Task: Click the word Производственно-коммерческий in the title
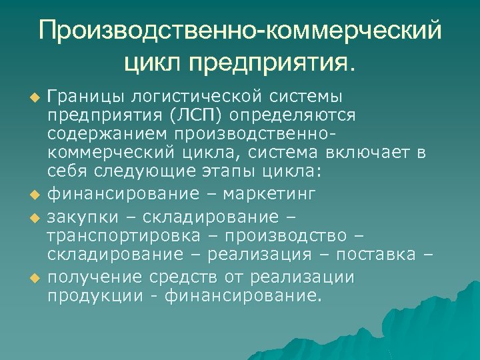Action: point(240,31)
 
